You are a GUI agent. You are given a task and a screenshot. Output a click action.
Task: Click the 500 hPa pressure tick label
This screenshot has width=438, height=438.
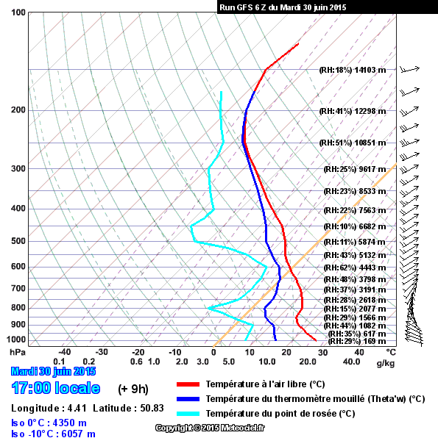pyautogui.click(x=18, y=241)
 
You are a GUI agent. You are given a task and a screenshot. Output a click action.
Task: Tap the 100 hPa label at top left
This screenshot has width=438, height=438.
pyautogui.click(x=18, y=12)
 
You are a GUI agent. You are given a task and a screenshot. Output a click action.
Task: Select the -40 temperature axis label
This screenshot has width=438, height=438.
pyautogui.click(x=64, y=352)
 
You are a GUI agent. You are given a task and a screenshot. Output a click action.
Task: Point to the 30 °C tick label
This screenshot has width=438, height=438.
pyautogui.click(x=322, y=353)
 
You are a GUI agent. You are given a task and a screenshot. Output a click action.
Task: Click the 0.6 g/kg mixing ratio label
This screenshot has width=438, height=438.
pyautogui.click(x=136, y=362)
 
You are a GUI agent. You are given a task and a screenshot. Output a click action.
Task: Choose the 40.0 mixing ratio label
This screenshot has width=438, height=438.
pyautogui.click(x=352, y=362)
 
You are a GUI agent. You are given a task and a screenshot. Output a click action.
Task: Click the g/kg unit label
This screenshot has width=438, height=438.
pyautogui.click(x=386, y=363)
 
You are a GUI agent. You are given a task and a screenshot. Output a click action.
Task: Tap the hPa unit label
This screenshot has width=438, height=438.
pyautogui.click(x=18, y=353)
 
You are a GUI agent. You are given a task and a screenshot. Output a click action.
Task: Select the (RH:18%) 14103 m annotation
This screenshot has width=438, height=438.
pyautogui.click(x=353, y=70)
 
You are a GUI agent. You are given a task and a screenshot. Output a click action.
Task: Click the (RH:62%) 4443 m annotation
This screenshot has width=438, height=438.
pyautogui.click(x=355, y=268)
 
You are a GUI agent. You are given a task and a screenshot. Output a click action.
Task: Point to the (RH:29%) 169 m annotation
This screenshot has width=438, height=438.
pyautogui.click(x=357, y=341)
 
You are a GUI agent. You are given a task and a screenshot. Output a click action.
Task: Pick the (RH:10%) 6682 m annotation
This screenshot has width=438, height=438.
pyautogui.click(x=355, y=226)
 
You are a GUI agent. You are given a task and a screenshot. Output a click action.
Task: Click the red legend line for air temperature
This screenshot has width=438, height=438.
pyautogui.click(x=188, y=384)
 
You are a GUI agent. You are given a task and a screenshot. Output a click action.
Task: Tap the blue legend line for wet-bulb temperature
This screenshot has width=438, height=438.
pyautogui.click(x=188, y=399)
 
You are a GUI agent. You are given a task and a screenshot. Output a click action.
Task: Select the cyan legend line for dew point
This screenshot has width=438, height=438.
pyautogui.click(x=188, y=414)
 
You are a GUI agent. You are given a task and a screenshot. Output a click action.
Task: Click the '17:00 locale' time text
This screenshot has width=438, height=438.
pyautogui.click(x=56, y=388)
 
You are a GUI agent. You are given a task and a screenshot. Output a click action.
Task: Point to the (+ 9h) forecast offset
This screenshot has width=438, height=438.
pyautogui.click(x=133, y=389)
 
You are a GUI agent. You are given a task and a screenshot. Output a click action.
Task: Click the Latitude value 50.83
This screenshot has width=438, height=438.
pyautogui.click(x=152, y=408)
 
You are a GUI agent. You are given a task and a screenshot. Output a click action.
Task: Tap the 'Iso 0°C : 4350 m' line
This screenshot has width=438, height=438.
pyautogui.click(x=49, y=423)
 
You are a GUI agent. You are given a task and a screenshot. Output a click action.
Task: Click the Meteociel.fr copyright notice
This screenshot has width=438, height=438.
pyautogui.click(x=210, y=428)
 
